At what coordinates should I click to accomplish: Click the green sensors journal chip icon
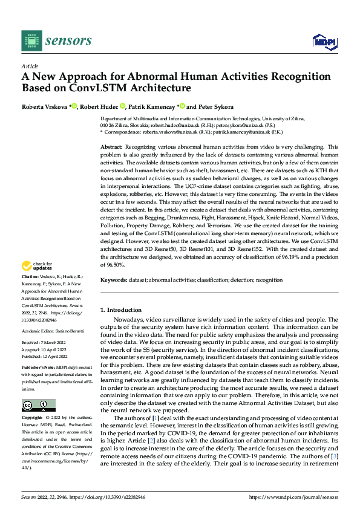[x=31, y=41]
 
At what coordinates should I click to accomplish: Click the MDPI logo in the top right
[x=325, y=41]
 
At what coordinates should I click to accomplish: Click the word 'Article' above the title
[x=30, y=66]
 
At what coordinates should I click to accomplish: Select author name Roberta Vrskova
[x=45, y=106]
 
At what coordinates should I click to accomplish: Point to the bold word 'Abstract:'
[x=111, y=148]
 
